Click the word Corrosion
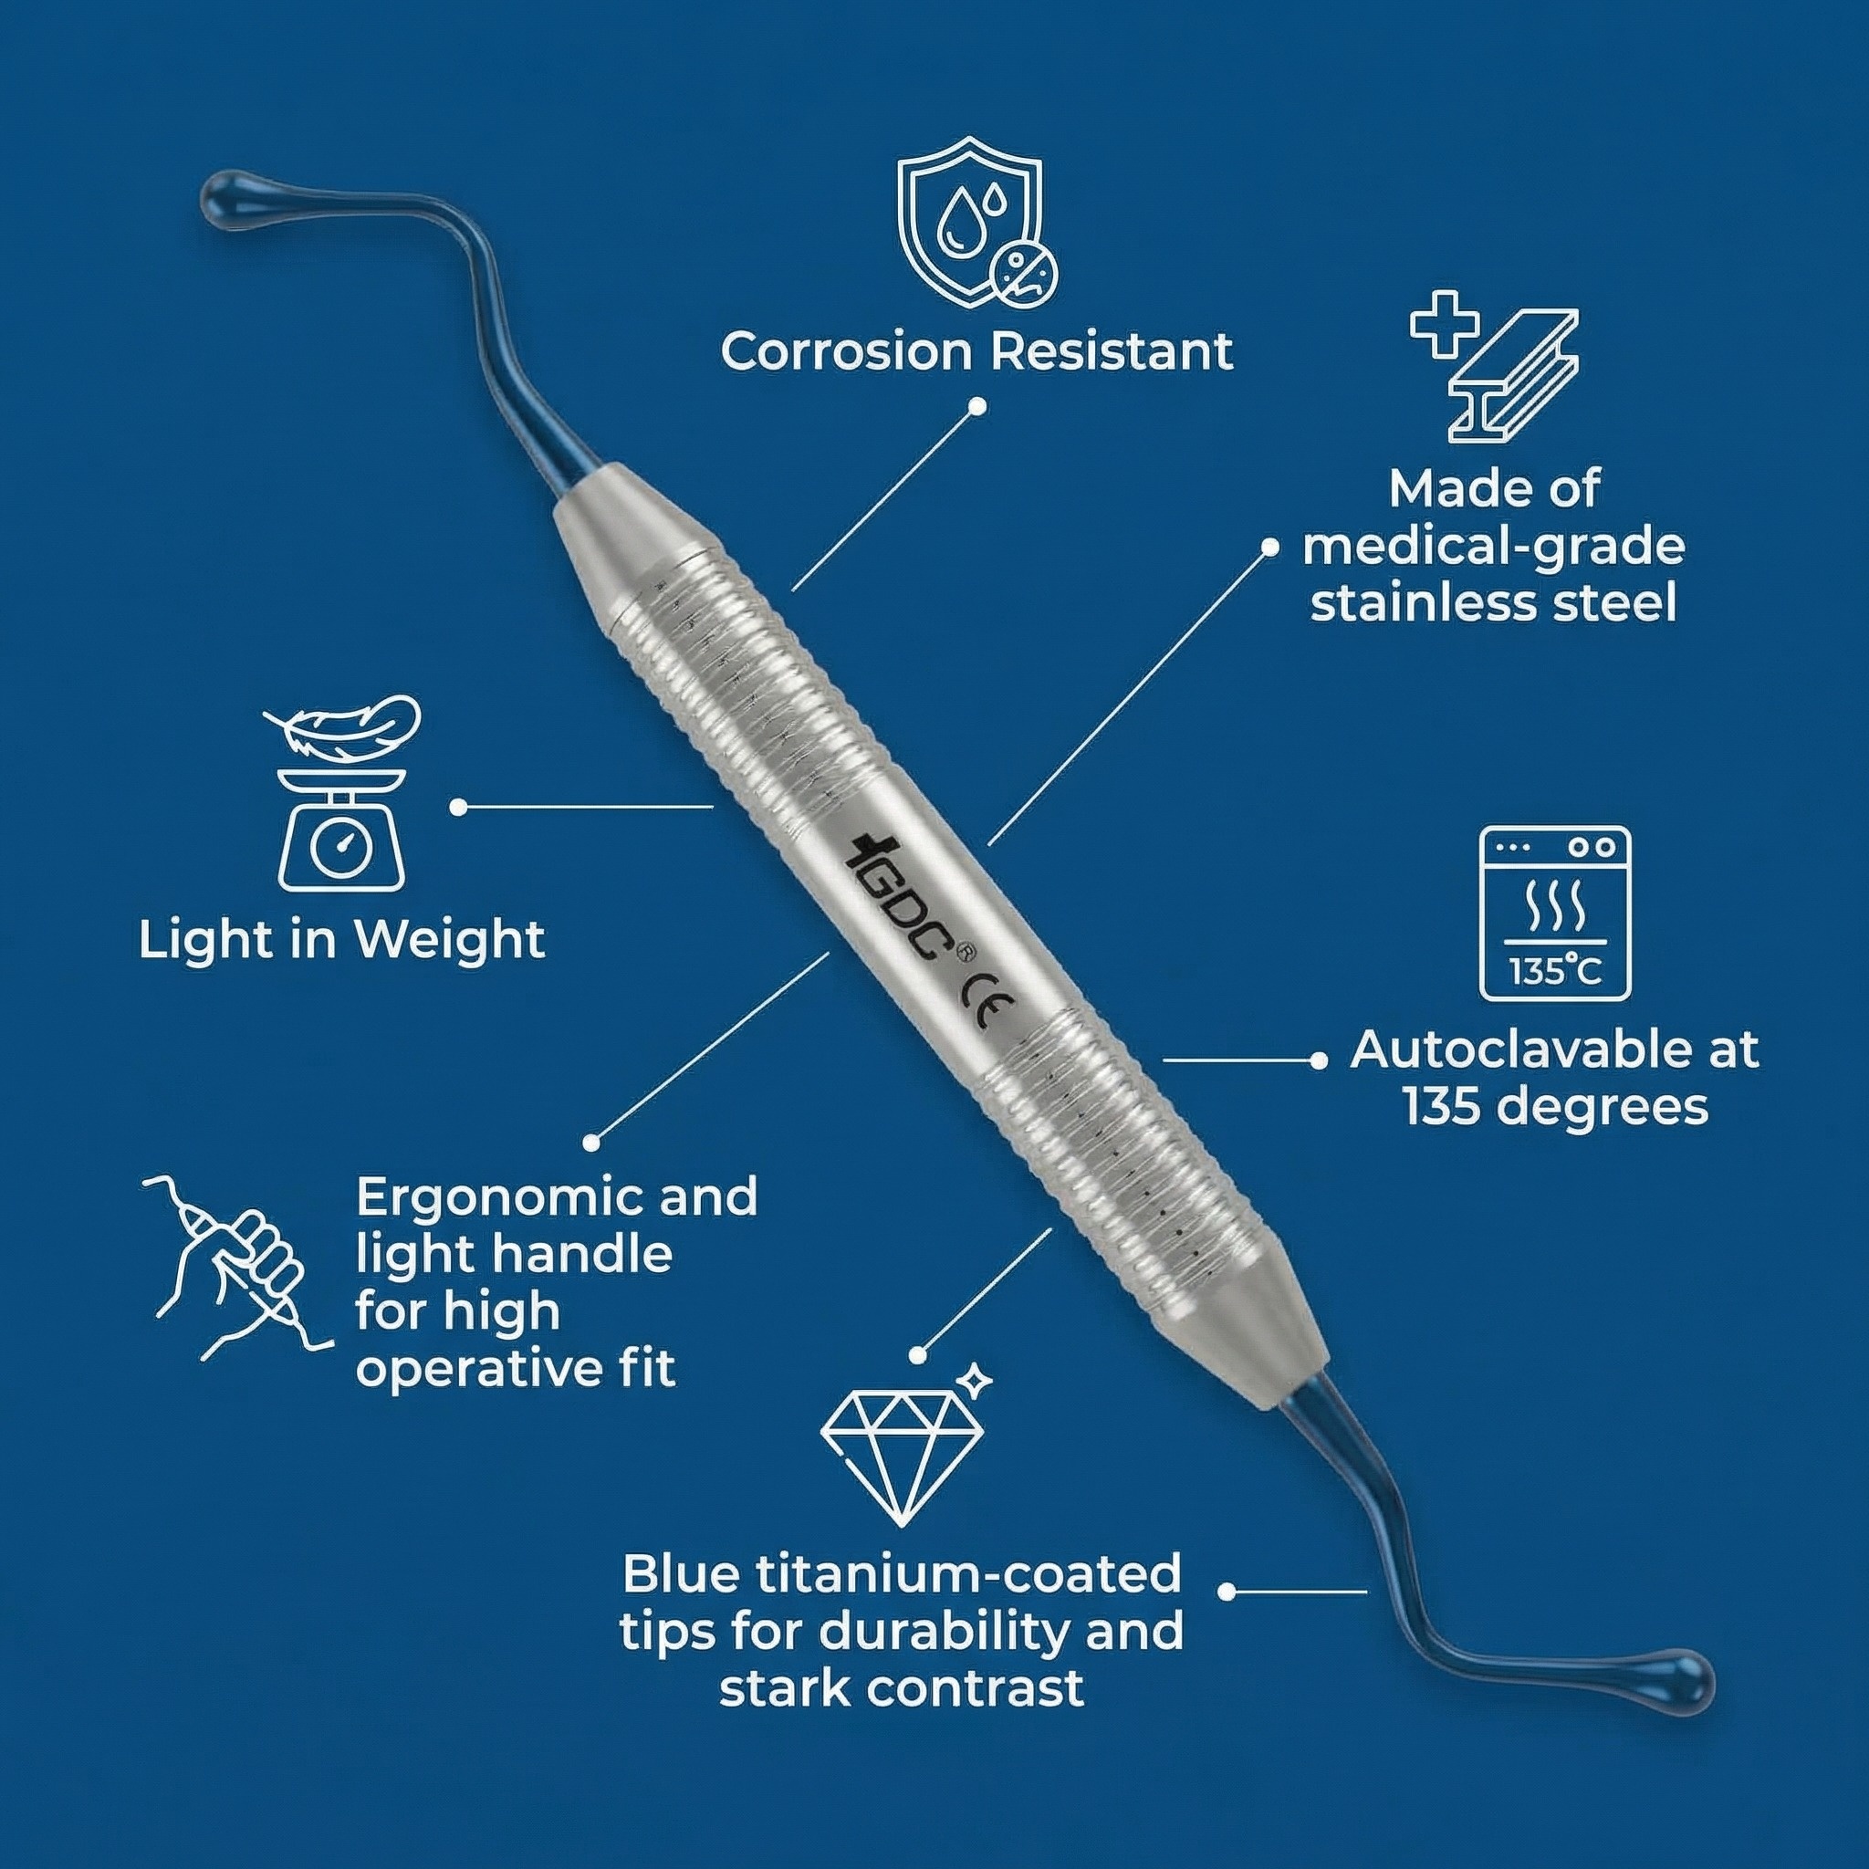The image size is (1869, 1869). point(844,351)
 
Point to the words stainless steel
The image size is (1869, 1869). point(1494,603)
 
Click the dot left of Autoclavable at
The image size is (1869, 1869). point(1318,1060)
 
